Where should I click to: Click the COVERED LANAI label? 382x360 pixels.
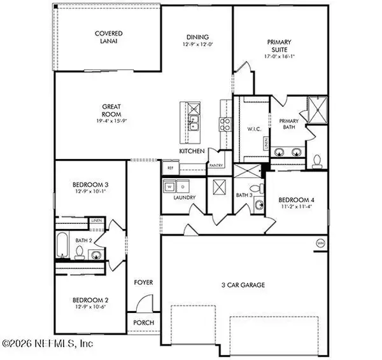pos(108,37)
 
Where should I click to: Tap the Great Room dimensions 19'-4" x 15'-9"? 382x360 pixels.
pos(108,121)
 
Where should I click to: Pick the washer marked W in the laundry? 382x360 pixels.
pos(169,187)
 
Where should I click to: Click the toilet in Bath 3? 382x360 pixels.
pos(255,188)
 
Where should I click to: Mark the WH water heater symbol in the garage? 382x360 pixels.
pos(320,243)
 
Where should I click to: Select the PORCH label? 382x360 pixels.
pos(143,322)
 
